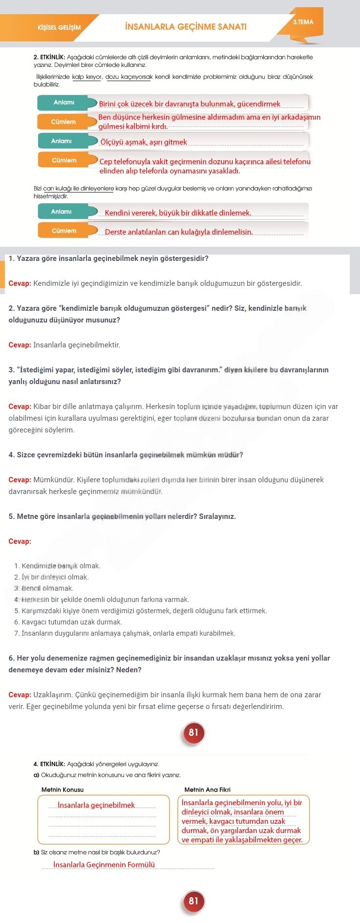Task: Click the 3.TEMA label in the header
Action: point(303,22)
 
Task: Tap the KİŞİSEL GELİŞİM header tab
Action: point(59,27)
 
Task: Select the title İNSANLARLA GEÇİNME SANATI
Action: point(186,27)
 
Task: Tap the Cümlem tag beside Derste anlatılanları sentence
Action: point(64,231)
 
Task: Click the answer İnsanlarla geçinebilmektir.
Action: point(77,345)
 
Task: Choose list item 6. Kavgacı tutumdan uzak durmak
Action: point(68,622)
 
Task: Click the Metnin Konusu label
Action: point(63,790)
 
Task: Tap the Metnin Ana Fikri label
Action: point(207,790)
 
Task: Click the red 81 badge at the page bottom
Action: point(193,901)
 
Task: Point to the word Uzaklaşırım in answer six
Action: point(52,695)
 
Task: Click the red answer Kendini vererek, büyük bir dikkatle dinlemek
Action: point(178,213)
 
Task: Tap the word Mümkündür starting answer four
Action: point(51,480)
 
